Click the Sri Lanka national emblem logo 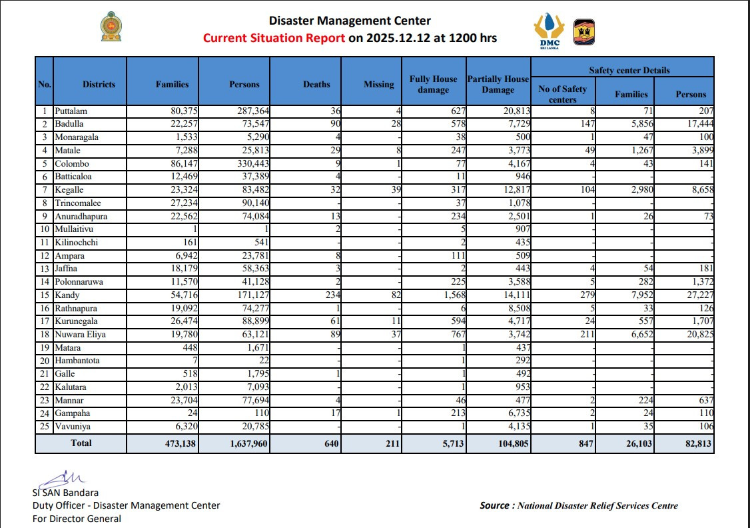point(111,27)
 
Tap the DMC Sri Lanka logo point(550,31)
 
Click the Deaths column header point(316,85)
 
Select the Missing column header point(379,85)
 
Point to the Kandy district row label point(67,295)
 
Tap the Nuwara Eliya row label point(81,335)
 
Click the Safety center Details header point(629,70)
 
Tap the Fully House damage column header point(433,84)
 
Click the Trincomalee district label point(78,203)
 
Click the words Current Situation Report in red point(274,38)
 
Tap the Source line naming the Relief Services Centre point(578,505)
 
